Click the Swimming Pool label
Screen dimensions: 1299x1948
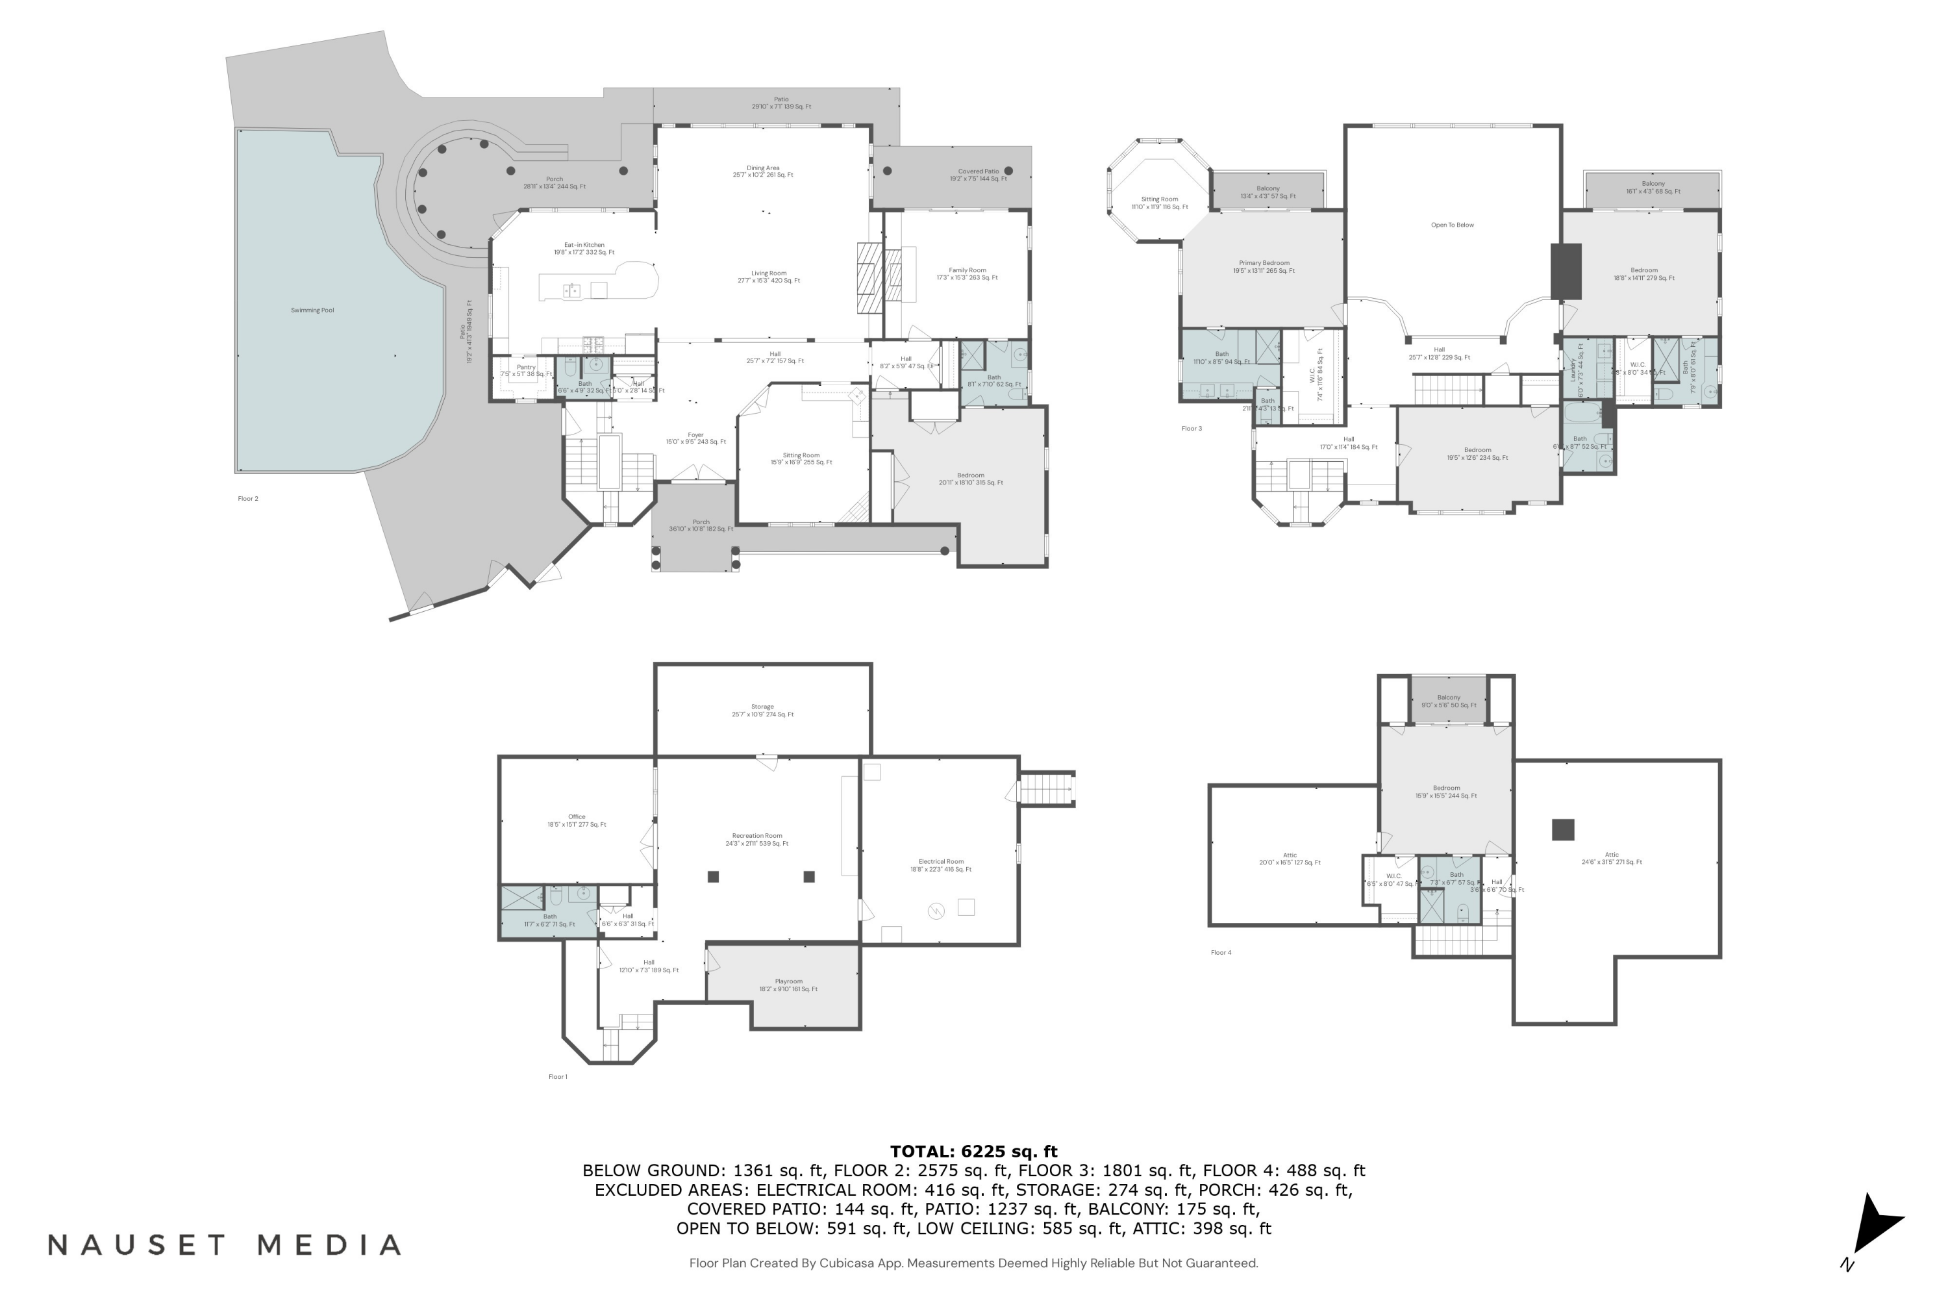click(x=312, y=310)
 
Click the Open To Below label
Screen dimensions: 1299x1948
click(x=1452, y=225)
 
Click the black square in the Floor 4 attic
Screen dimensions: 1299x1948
click(x=1562, y=829)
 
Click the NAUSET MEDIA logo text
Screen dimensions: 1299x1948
click(x=225, y=1244)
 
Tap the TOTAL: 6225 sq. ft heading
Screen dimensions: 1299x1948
click(x=973, y=1151)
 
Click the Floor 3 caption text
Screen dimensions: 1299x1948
click(x=1191, y=428)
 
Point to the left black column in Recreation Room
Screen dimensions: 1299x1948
click(x=713, y=876)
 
